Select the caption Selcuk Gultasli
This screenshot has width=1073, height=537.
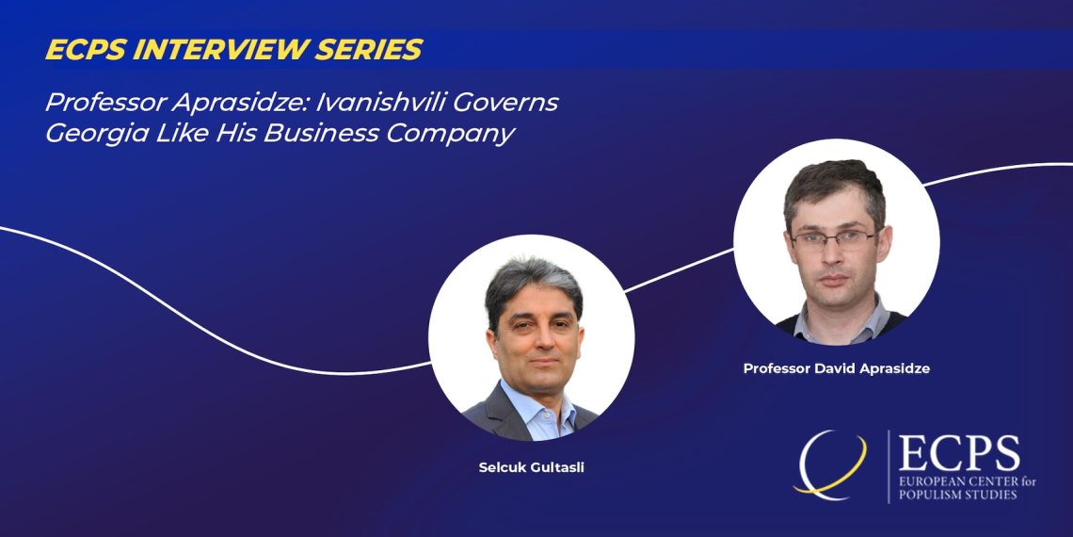pyautogui.click(x=531, y=468)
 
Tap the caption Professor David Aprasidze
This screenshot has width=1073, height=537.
pyautogui.click(x=836, y=368)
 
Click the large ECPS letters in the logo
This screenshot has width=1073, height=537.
pyautogui.click(x=959, y=453)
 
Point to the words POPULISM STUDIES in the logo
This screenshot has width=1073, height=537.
pyautogui.click(x=957, y=495)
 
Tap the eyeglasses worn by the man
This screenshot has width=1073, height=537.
pyautogui.click(x=834, y=238)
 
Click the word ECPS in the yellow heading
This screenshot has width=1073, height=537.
pyautogui.click(x=85, y=49)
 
